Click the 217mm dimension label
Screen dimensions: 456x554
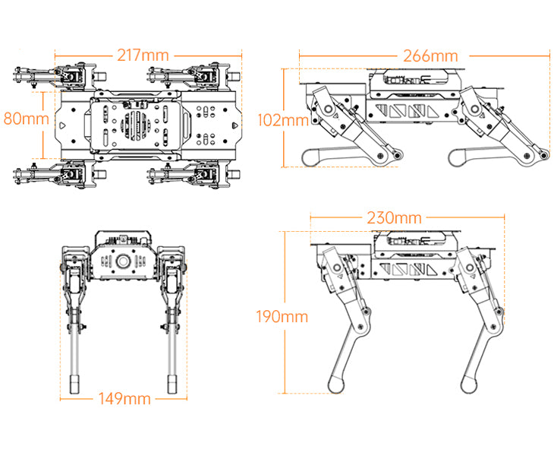(x=143, y=55)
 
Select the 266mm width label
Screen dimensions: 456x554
(x=430, y=55)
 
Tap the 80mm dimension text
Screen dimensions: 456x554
(x=26, y=119)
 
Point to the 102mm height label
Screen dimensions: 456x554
(x=282, y=120)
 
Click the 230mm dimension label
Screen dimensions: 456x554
(x=393, y=218)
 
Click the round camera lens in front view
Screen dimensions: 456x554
(x=122, y=261)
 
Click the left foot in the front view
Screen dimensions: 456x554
(x=74, y=382)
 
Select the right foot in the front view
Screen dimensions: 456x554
(x=174, y=382)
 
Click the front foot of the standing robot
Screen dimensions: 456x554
(x=467, y=385)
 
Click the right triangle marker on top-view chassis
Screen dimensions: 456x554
(x=236, y=122)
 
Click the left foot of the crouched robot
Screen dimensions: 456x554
(x=310, y=157)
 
